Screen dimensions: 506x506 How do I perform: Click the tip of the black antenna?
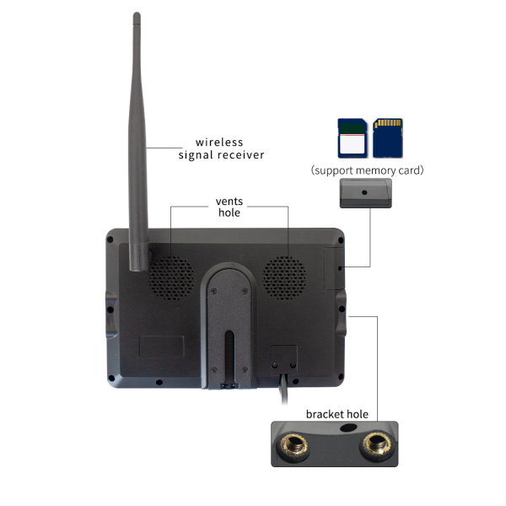pyautogui.click(x=137, y=16)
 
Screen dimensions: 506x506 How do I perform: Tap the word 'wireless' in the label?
pyautogui.click(x=220, y=142)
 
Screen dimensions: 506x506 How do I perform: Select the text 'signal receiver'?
pyautogui.click(x=222, y=155)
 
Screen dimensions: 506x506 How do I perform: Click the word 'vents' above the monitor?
pyautogui.click(x=229, y=202)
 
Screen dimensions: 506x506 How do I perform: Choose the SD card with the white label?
pyautogui.click(x=350, y=138)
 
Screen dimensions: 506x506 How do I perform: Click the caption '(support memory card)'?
pyautogui.click(x=367, y=170)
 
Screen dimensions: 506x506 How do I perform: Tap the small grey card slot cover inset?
pyautogui.click(x=364, y=196)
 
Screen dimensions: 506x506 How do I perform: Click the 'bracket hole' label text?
pyautogui.click(x=337, y=414)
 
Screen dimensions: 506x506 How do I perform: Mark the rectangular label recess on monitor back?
pyautogui.click(x=161, y=345)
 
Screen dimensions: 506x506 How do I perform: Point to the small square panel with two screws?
pyautogui.click(x=283, y=358)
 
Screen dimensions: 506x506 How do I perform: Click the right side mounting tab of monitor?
pyautogui.click(x=341, y=311)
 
